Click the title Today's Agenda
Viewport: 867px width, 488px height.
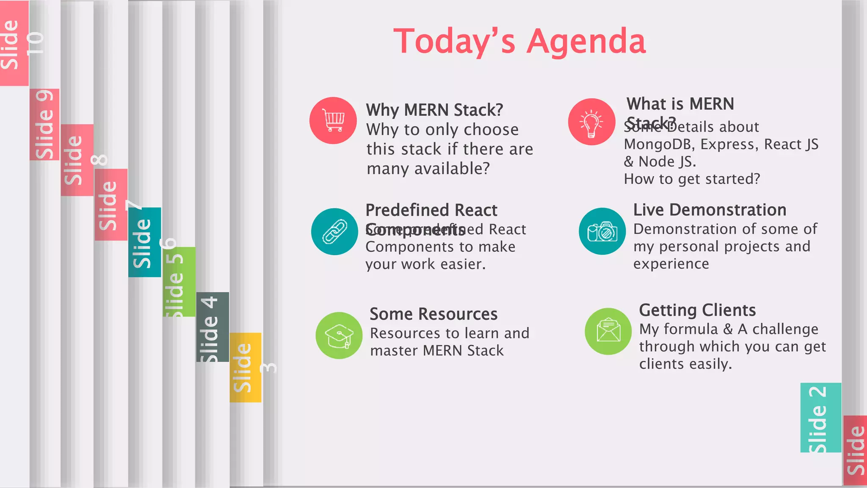tap(519, 41)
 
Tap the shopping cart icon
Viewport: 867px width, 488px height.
tap(333, 121)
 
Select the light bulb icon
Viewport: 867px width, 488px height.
tap(591, 122)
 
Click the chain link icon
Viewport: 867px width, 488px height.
tap(334, 232)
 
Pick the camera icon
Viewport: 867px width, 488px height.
tap(602, 231)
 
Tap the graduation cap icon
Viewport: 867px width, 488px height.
tap(339, 335)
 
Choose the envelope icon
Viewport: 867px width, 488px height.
tap(608, 331)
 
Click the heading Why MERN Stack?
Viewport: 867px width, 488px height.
tap(434, 110)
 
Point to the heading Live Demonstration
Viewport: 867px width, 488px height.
tap(710, 210)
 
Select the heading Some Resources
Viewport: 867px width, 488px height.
tap(433, 314)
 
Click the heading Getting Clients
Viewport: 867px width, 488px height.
tap(697, 310)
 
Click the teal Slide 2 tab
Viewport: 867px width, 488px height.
tap(820, 418)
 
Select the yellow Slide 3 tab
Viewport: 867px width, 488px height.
tap(245, 367)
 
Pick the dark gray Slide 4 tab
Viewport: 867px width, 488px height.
tap(212, 327)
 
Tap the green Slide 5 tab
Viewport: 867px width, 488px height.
tap(179, 282)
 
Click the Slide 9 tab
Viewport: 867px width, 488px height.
tap(44, 125)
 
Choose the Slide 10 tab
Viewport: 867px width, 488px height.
tap(14, 43)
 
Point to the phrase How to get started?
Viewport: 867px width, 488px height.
tap(692, 179)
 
